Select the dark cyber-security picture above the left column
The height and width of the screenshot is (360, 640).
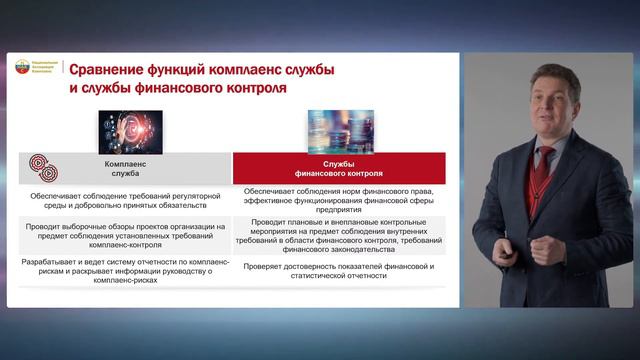tap(130, 132)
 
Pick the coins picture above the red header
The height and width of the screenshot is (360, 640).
tap(340, 132)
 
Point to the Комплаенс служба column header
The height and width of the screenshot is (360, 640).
tap(128, 167)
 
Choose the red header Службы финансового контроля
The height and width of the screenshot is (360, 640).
tap(340, 167)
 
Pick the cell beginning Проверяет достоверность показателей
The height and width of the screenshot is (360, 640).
tap(340, 270)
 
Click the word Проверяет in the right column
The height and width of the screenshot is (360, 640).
tap(273, 265)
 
